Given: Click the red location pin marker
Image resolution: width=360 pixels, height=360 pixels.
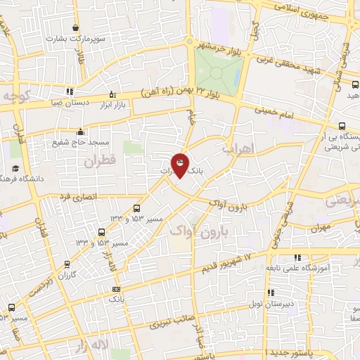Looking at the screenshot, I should point(181,165).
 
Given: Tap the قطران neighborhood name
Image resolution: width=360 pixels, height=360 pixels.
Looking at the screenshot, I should point(100,161).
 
